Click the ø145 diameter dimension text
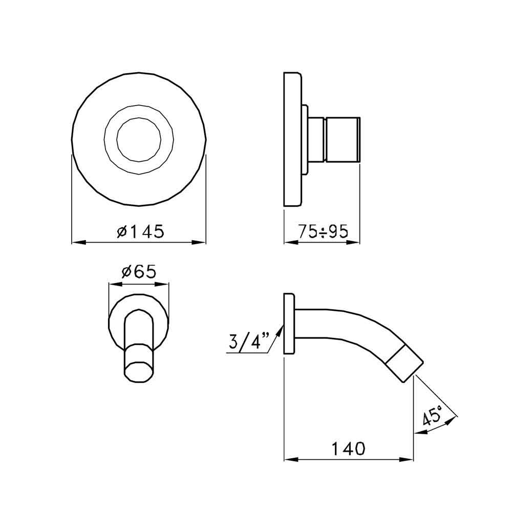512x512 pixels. point(139,232)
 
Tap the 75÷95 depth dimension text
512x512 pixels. point(323,232)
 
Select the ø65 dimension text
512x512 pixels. point(138,272)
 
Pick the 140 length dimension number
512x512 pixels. point(348,449)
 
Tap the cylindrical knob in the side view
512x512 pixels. point(342,139)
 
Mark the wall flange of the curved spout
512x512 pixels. point(289,324)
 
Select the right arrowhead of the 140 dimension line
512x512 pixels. point(410,459)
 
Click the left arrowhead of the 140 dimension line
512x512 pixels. point(287,459)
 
